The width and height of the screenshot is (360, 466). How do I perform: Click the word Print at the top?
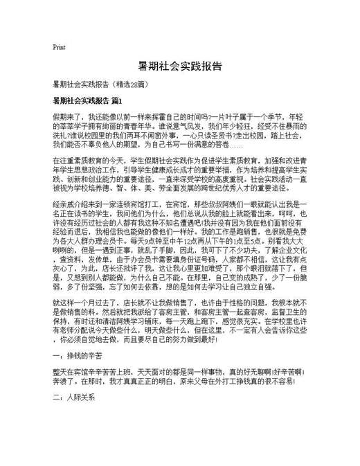point(59,47)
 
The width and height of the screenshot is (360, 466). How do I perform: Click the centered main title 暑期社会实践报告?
point(180,66)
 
